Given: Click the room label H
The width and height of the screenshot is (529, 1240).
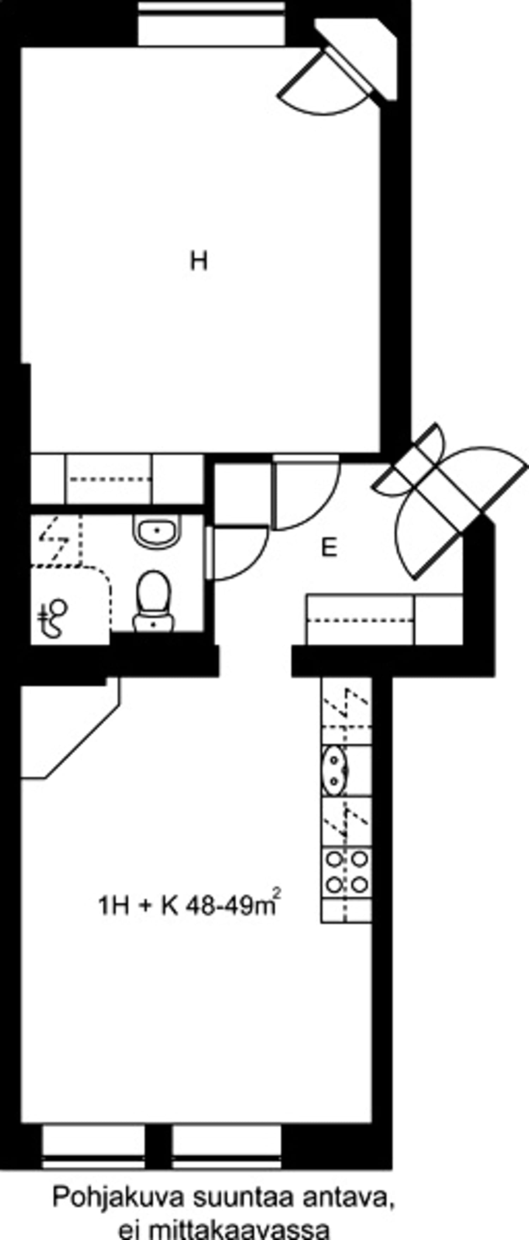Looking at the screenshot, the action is [199, 261].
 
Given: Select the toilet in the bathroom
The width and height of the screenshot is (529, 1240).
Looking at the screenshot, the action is [153, 601].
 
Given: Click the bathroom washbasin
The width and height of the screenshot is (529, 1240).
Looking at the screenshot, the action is [157, 531].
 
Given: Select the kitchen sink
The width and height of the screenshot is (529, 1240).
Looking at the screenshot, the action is [334, 770].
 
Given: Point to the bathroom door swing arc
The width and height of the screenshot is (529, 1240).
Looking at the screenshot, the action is [241, 554].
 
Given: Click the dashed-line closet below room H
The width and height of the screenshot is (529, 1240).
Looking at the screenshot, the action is [109, 479].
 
